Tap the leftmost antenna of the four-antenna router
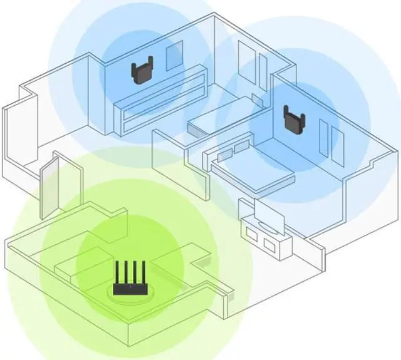116,273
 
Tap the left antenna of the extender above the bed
286,112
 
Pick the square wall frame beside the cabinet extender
174,56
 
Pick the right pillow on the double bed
241,147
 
